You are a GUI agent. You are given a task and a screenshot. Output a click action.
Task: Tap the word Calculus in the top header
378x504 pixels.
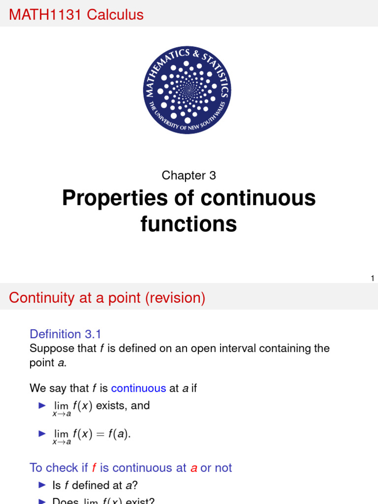pos(115,15)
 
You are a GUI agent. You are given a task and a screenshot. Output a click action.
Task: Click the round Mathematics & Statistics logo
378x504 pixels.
pos(189,91)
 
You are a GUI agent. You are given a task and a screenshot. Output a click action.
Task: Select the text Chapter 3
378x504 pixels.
pos(189,175)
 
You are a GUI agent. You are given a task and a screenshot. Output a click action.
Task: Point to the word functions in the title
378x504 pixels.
pos(189,224)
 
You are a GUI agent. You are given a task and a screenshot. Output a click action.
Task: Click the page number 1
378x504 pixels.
pos(373,279)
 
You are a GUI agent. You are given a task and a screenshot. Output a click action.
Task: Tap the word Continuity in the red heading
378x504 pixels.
pos(41,298)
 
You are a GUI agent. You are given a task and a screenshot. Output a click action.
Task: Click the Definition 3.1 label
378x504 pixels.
pos(65,334)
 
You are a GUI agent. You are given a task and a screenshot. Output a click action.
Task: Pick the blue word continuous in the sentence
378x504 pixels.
pos(138,388)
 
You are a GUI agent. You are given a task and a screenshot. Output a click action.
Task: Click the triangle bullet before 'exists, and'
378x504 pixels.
pos(41,406)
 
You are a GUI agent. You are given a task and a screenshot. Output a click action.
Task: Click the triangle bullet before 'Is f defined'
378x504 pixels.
pos(41,485)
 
